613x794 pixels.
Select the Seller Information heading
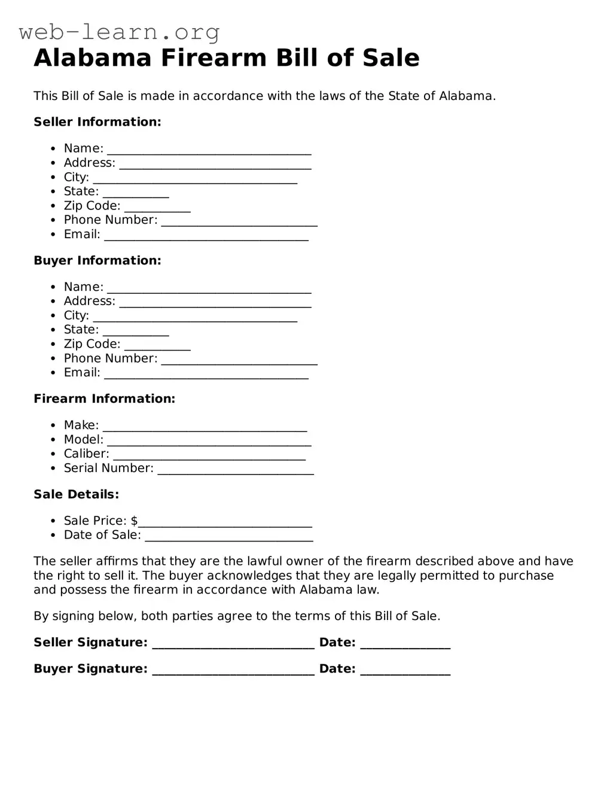97,122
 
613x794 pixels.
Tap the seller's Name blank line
209,150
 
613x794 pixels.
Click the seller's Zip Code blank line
157,207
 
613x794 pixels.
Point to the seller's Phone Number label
111,220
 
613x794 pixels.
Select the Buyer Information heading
97,260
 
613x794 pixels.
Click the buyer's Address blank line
215,302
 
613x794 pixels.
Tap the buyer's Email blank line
206,374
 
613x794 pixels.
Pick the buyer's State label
81,330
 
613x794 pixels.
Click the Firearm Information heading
105,399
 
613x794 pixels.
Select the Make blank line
205,427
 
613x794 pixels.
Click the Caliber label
87,454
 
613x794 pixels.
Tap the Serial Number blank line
236,470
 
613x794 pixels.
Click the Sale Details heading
77,495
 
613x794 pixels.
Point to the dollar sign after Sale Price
135,521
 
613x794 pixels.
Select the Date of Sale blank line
229,536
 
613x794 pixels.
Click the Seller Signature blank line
233,644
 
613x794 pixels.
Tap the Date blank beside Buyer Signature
405,670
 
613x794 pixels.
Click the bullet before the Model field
53,440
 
